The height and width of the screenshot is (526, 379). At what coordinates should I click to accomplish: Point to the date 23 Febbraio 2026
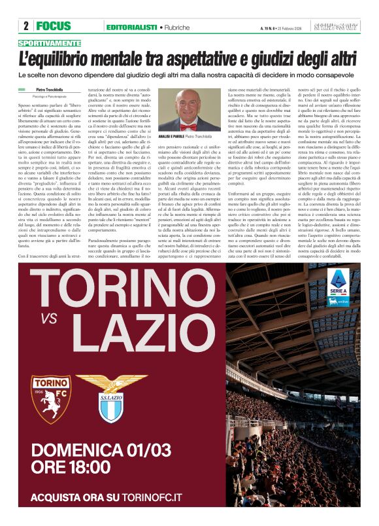pos(289,27)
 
